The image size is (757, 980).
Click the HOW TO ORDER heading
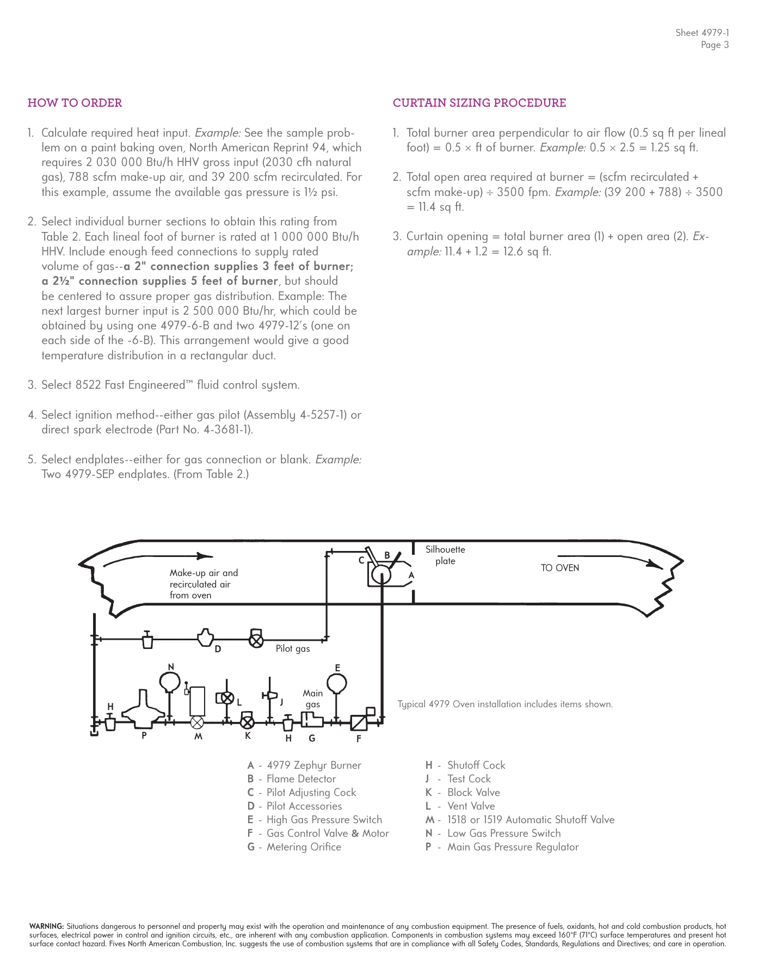75,103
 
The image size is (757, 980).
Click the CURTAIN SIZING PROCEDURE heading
479,103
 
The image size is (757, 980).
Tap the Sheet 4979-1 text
701,33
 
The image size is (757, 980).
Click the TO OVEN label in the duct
559,568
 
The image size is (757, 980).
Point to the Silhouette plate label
445,555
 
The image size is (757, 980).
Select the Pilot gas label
292,648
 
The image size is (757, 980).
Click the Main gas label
312,699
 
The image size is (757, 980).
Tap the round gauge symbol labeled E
337,683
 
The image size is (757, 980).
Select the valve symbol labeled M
197,722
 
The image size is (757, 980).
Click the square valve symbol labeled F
359,722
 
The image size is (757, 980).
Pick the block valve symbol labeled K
247,722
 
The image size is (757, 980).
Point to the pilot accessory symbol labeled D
205,638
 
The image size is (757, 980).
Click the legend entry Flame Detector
301,779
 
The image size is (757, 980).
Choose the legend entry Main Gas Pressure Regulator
513,847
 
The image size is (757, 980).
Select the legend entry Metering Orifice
304,847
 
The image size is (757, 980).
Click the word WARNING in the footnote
46,926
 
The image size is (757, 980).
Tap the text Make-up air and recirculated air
204,578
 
